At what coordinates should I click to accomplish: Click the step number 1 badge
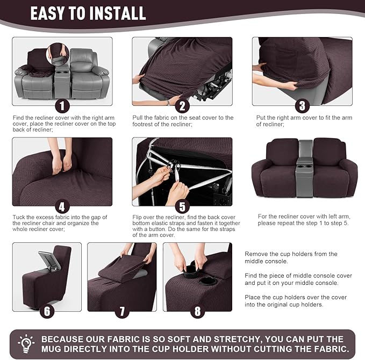tap(63, 106)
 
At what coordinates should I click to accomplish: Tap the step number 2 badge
tap(182, 106)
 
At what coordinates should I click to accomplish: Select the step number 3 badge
tap(302, 106)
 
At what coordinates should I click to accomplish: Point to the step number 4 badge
tap(63, 206)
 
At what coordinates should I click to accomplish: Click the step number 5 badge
tap(182, 206)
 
